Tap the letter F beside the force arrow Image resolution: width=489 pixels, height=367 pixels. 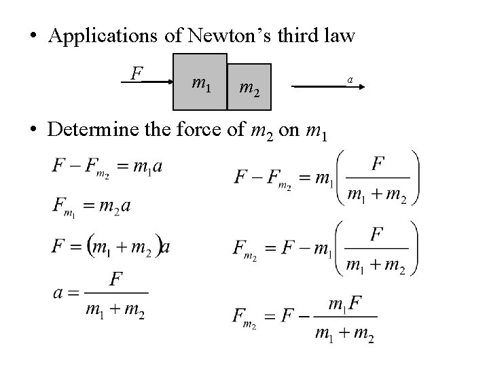[137, 71]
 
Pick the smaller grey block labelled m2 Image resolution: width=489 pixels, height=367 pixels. [249, 87]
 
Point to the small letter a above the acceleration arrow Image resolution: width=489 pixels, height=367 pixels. [350, 80]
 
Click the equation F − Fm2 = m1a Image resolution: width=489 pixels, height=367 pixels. [107, 167]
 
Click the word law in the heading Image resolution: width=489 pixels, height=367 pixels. [337, 35]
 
